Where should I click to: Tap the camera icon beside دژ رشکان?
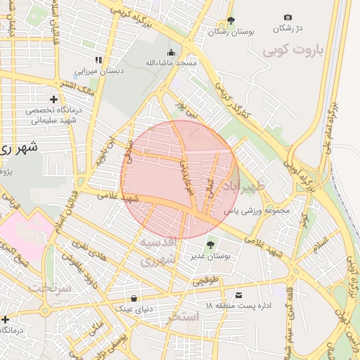click(288, 17)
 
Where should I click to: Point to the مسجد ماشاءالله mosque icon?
click(171, 52)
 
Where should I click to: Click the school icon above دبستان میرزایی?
click(98, 60)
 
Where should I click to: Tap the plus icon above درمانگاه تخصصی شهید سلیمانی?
click(53, 99)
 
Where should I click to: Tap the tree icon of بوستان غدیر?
click(211, 245)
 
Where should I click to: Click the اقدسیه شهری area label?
click(160, 251)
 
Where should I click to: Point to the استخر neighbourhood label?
click(184, 317)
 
